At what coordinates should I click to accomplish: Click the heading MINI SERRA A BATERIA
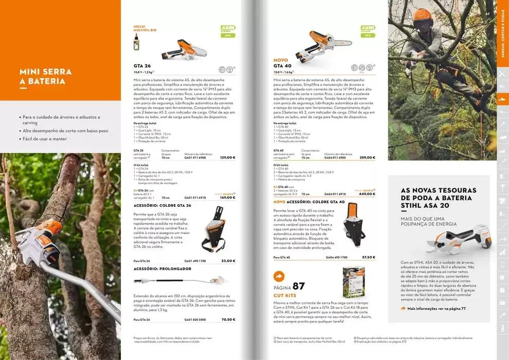click(45, 77)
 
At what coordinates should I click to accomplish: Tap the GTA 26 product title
click(142, 66)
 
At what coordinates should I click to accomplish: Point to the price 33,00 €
click(228, 261)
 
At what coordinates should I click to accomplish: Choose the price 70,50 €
click(228, 319)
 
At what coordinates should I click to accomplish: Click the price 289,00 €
click(367, 157)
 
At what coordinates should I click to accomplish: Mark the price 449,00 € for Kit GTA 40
click(367, 194)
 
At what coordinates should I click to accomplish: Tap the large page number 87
click(298, 286)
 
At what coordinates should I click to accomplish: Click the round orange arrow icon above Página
click(279, 276)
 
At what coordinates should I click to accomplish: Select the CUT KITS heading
click(284, 296)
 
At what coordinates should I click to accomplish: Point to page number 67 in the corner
click(487, 14)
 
